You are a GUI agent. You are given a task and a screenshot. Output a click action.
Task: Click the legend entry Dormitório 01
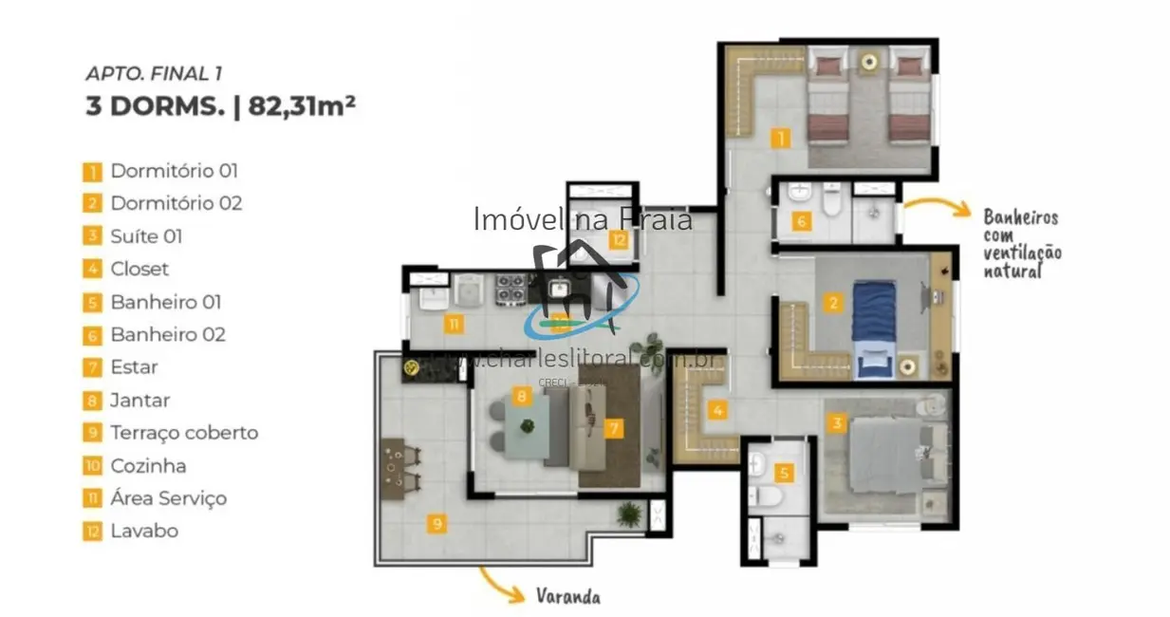coord(173,172)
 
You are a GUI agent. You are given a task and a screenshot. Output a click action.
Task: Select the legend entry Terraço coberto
coord(183,433)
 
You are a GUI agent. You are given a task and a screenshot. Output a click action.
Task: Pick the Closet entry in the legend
coord(139,270)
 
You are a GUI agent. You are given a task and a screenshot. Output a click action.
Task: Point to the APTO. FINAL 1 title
coord(154,73)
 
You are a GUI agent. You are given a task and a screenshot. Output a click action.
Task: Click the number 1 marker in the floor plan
coord(779,140)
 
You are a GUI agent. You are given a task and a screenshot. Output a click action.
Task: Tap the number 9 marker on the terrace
coord(436,523)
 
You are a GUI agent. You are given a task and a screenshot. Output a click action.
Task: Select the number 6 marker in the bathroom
coord(802,223)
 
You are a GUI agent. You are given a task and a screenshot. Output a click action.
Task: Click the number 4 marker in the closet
coord(718,411)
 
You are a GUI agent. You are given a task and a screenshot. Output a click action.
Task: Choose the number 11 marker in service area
coord(455,325)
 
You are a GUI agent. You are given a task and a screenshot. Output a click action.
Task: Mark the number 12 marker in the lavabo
coord(619,240)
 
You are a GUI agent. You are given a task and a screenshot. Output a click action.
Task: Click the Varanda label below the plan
coord(567,597)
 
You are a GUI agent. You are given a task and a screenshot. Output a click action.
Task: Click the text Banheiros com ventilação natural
coord(1021,244)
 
